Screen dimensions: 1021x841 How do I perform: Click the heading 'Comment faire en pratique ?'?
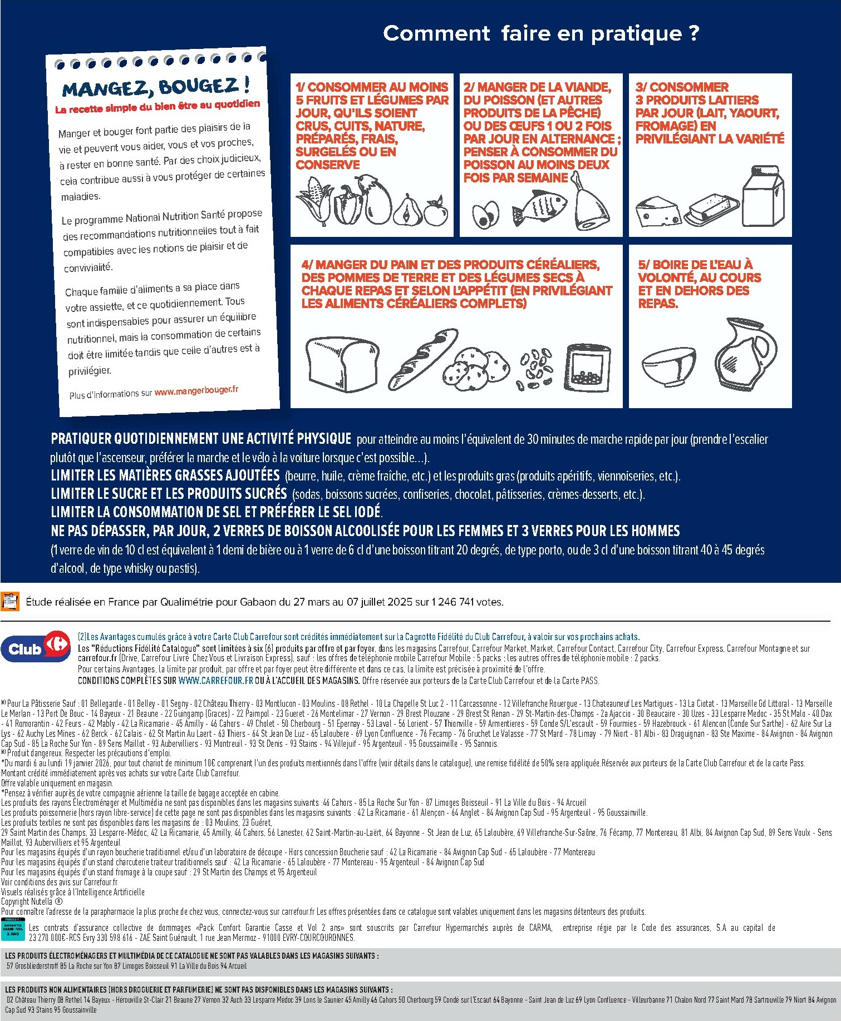click(x=540, y=33)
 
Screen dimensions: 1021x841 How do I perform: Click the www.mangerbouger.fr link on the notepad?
click(x=196, y=391)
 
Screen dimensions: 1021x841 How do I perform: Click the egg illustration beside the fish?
click(x=485, y=215)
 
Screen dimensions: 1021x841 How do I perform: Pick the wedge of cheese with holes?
click(x=657, y=211)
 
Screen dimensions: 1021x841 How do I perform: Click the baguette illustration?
click(x=422, y=359)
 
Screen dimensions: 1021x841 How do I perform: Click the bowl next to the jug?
click(x=668, y=367)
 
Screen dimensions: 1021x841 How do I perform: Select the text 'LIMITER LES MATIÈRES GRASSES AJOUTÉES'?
click(x=165, y=475)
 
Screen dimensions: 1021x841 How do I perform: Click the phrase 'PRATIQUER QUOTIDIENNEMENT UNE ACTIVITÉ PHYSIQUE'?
click(x=201, y=439)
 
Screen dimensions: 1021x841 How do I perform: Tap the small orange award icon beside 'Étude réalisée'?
click(x=11, y=602)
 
